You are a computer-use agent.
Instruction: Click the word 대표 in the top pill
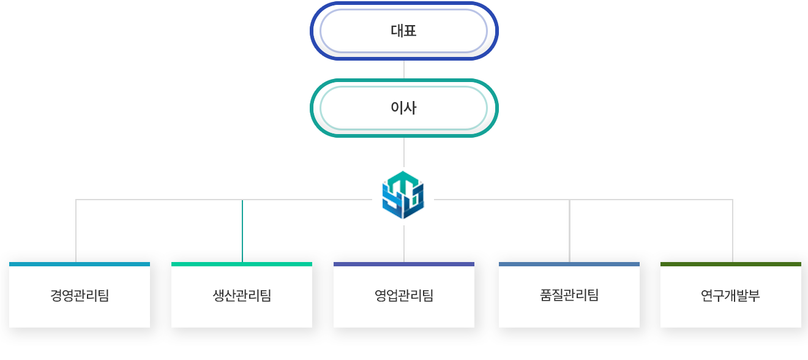pos(403,31)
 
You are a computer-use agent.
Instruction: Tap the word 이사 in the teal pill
pos(403,108)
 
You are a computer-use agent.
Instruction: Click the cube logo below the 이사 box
pos(403,195)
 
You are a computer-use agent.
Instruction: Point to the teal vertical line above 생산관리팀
pos(242,230)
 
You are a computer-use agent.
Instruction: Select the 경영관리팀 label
pos(80,296)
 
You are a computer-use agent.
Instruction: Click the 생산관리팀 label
pos(242,296)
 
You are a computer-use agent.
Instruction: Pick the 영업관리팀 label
pos(404,296)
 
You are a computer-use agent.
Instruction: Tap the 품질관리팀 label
pos(569,296)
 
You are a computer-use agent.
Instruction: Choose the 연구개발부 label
pos(730,296)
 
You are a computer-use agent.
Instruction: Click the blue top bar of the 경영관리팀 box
pos(80,264)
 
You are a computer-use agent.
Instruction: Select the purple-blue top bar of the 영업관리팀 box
pos(404,264)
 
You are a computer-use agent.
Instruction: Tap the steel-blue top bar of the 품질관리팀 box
pos(569,264)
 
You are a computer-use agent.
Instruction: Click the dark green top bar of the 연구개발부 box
pos(730,264)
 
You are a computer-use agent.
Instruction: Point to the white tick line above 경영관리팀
pos(76,255)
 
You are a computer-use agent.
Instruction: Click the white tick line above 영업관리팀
pos(404,255)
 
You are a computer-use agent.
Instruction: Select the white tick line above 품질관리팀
pos(569,255)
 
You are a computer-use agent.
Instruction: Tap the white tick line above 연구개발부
pos(733,255)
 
